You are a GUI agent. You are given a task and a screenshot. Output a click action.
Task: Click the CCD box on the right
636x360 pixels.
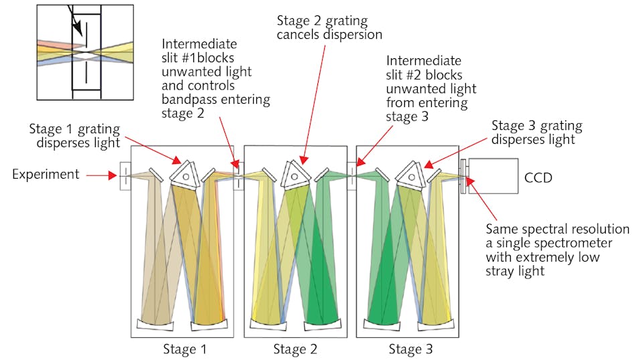point(493,177)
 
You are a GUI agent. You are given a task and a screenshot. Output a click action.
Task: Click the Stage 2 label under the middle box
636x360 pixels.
point(295,349)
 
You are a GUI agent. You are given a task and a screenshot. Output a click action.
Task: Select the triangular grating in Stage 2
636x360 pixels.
point(294,173)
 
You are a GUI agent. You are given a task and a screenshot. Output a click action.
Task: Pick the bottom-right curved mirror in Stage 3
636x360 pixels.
point(434,324)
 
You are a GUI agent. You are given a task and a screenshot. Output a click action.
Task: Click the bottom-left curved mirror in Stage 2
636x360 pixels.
point(267,325)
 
